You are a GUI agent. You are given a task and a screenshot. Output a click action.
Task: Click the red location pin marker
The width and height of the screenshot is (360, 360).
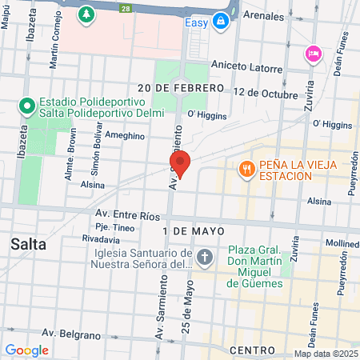click(x=181, y=164)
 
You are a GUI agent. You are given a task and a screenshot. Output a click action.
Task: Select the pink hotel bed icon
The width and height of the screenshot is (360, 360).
click(x=312, y=54)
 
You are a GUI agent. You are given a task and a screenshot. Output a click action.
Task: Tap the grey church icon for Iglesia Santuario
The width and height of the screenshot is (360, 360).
click(x=205, y=258)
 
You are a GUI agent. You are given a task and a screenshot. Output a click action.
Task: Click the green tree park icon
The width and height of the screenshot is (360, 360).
click(x=86, y=14)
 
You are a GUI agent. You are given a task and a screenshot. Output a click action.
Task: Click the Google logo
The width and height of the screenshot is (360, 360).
click(x=26, y=350)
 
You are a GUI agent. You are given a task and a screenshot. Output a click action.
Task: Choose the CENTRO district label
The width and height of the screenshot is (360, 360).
click(x=252, y=350)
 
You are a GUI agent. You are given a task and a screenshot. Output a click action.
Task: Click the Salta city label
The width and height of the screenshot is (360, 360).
click(x=28, y=244)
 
